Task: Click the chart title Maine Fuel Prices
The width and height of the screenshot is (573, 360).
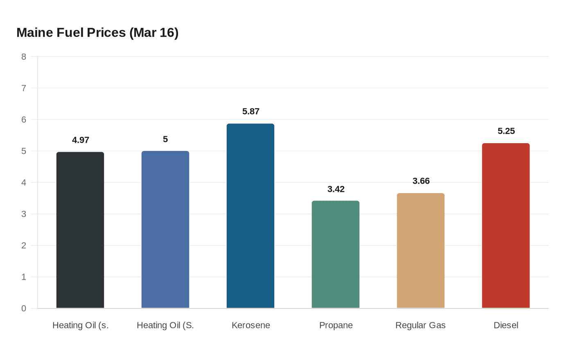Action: tap(97, 33)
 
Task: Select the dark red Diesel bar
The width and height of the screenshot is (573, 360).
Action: tap(505, 226)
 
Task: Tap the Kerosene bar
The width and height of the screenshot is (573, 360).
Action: tap(250, 216)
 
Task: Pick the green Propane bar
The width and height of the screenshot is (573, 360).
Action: tap(336, 254)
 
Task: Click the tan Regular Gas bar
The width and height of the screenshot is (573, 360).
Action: tap(421, 250)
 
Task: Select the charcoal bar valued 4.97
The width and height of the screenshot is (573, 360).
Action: tap(80, 230)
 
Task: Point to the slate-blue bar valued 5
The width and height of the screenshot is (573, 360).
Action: tap(165, 229)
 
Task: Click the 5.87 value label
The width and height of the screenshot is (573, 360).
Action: tap(251, 111)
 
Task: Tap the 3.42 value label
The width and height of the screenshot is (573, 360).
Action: tap(336, 189)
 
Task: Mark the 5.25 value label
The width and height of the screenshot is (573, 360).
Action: tap(506, 131)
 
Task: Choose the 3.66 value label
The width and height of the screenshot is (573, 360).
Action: tap(421, 181)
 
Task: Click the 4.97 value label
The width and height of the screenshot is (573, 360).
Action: tap(81, 140)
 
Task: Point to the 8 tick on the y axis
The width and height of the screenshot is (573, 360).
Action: tap(24, 57)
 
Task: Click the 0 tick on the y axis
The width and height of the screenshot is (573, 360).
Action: tap(24, 308)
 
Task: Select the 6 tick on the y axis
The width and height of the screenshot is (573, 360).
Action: tap(24, 119)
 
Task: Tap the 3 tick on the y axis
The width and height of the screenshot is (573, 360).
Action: tap(24, 214)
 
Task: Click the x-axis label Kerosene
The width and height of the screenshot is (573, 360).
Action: tap(251, 325)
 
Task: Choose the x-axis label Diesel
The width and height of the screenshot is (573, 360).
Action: tap(506, 325)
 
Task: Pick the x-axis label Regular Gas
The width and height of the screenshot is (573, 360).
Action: tap(420, 325)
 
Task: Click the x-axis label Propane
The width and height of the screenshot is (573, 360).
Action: tap(336, 325)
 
